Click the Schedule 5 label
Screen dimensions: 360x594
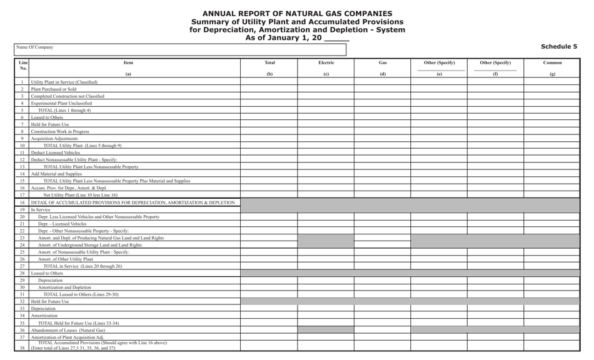[558, 46]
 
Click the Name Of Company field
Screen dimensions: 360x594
[181, 50]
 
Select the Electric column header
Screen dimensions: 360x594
[326, 63]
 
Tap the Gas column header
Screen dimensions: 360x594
[382, 63]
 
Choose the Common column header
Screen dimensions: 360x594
[552, 63]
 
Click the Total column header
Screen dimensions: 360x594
[269, 63]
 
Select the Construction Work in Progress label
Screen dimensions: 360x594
[60, 131]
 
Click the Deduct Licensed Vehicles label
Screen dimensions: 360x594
[56, 152]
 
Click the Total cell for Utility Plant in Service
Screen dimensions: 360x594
[269, 82]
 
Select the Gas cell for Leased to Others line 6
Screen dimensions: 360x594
[382, 117]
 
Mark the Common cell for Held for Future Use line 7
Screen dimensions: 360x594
[552, 124]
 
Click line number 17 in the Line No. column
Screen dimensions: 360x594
[22, 195]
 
